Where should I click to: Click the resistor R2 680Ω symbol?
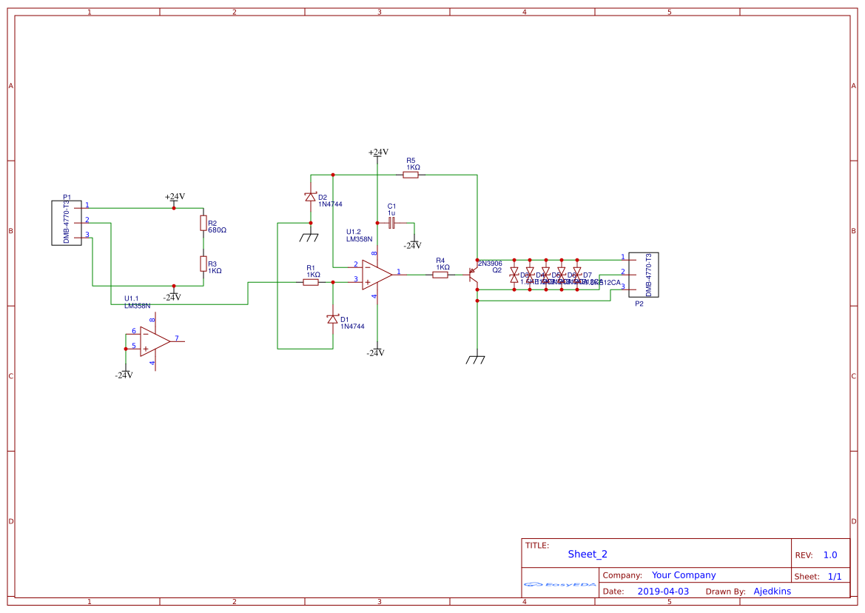point(203,223)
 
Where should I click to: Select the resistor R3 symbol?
point(203,264)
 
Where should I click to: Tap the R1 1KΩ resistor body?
point(312,282)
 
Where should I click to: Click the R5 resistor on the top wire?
point(411,175)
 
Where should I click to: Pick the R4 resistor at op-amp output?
point(440,275)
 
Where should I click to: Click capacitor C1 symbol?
point(392,222)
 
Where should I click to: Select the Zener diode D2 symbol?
point(310,197)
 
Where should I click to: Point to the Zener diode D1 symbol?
point(332,319)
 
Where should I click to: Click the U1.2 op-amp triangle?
point(376,275)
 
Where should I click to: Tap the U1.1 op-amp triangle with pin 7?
point(154,341)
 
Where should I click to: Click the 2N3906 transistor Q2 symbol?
point(472,275)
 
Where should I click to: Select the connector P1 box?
point(66,222)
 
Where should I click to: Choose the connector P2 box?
point(643,275)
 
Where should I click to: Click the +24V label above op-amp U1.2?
point(378,153)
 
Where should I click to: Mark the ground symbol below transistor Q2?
point(476,360)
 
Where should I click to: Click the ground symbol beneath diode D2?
point(309,238)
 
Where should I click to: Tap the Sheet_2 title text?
point(588,554)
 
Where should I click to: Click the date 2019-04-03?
point(663,592)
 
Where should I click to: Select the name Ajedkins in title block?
point(772,592)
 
